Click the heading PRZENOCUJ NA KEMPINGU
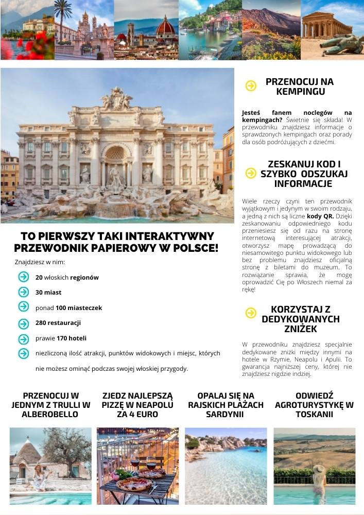300,87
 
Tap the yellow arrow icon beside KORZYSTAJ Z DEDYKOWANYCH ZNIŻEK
251,313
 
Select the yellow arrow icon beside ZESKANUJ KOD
251,173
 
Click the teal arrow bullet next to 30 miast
23,292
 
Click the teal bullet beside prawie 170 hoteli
23,339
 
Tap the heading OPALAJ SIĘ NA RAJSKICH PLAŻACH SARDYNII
226,405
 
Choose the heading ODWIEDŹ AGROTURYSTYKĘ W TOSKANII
314,405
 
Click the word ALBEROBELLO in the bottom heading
50,414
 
